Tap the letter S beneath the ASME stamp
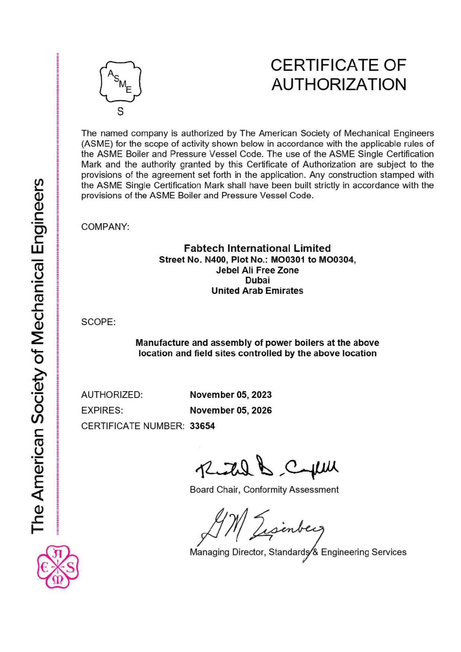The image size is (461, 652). tap(120, 111)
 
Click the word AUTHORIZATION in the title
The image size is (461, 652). tap(339, 84)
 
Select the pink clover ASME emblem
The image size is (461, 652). tap(58, 567)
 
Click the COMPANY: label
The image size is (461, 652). tap(105, 227)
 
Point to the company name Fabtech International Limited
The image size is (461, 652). tap(257, 248)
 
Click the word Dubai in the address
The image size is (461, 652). tap(257, 280)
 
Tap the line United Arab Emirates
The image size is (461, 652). tap(257, 291)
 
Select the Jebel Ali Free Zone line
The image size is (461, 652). tap(257, 270)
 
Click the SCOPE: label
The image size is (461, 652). tap(99, 322)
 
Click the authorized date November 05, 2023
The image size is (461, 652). tap(230, 395)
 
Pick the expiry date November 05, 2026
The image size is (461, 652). tap(230, 410)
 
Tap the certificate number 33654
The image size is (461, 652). tap(202, 426)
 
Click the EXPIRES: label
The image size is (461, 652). tap(102, 410)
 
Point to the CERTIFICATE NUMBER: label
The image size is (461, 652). tap(133, 426)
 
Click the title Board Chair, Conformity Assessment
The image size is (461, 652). tap(264, 490)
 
